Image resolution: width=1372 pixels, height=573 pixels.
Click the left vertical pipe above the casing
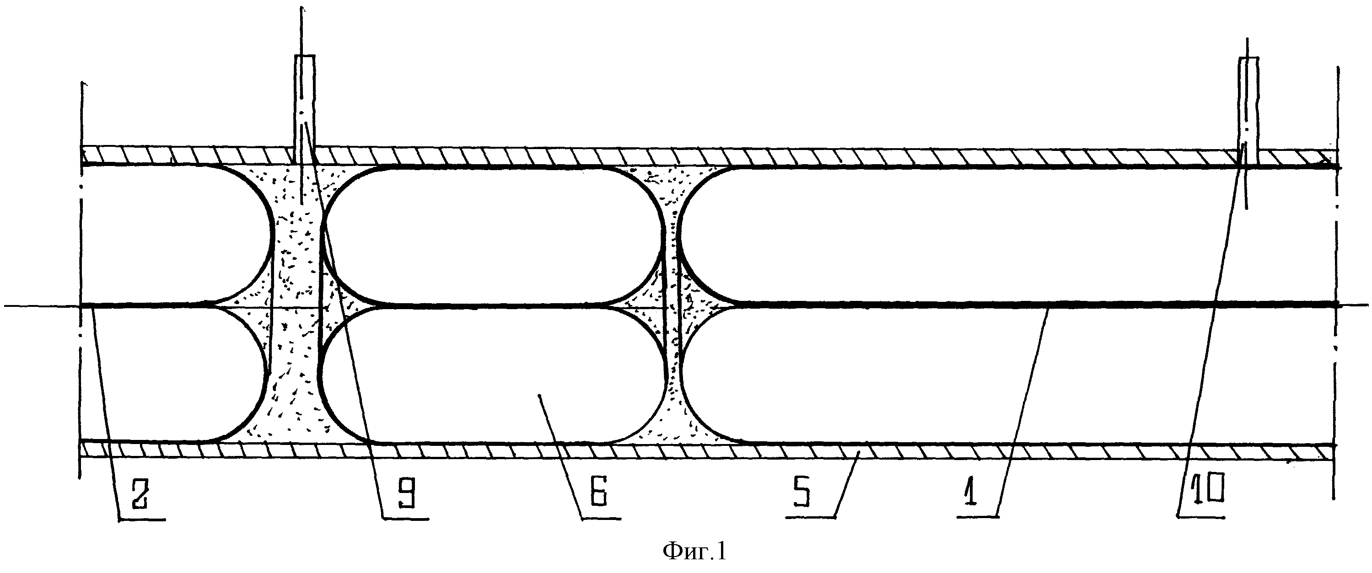point(305,109)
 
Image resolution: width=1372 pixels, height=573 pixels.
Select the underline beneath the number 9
point(405,518)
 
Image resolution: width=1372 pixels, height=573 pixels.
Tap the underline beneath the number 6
point(600,518)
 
